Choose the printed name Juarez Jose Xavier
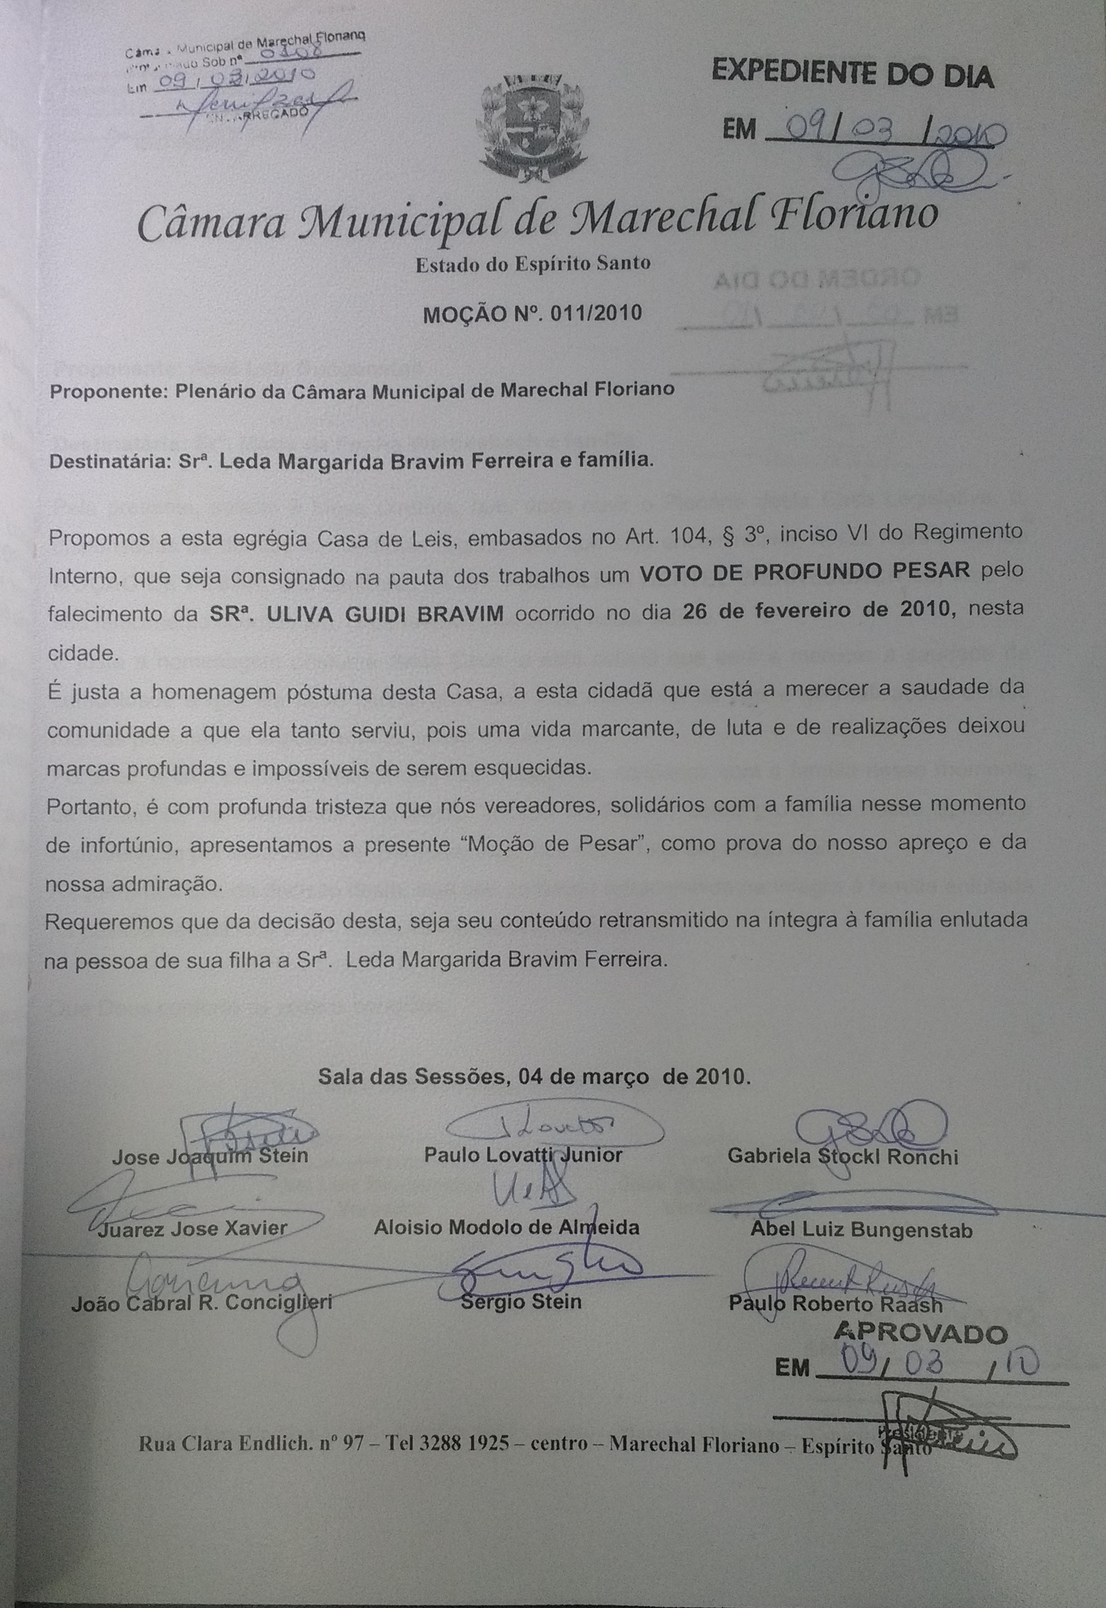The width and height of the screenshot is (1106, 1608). point(192,1229)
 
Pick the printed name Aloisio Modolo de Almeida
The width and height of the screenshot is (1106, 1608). point(507,1227)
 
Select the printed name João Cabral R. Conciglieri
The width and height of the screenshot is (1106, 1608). point(202,1303)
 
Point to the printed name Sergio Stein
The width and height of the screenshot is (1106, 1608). point(521,1301)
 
